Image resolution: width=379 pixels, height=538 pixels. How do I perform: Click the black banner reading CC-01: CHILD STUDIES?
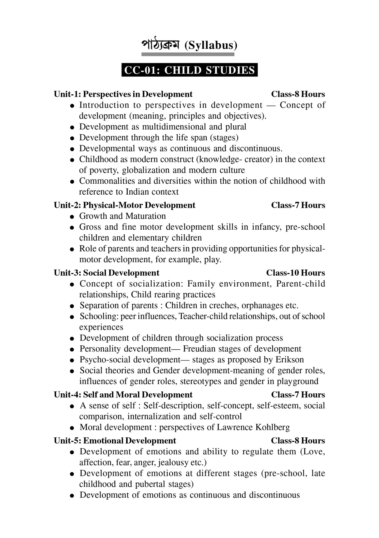(x=189, y=70)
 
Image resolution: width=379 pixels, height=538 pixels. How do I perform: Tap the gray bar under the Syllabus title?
(x=188, y=54)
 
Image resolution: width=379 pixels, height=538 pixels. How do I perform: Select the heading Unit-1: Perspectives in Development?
(x=123, y=94)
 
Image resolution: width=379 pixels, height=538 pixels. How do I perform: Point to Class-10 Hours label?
(x=295, y=273)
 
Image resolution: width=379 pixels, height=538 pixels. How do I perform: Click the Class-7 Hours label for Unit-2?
(x=298, y=205)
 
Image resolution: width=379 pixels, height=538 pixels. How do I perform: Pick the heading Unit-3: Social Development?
(x=106, y=273)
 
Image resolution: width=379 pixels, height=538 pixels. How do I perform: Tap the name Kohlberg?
(x=272, y=427)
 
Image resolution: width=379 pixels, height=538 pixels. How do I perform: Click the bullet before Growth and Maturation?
(x=72, y=217)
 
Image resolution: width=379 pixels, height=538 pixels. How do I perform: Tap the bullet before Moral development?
(x=72, y=428)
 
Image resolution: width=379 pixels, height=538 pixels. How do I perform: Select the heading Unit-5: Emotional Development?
(x=115, y=441)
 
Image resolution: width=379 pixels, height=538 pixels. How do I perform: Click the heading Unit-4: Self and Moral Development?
(x=123, y=395)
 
